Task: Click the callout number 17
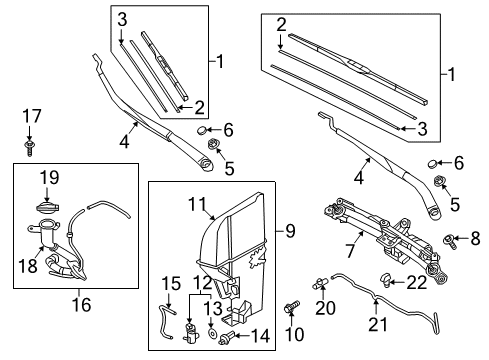click(x=32, y=116)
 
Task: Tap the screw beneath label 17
click(x=29, y=148)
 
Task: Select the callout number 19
click(x=50, y=177)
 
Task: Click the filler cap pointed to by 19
click(x=47, y=207)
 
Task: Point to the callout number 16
click(x=81, y=304)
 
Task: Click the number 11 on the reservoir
click(x=198, y=204)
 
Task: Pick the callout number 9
click(x=290, y=231)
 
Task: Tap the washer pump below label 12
click(x=191, y=333)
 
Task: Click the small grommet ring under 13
click(x=211, y=333)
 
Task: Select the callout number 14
click(x=260, y=336)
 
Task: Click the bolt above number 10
click(x=292, y=307)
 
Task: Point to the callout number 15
click(x=171, y=284)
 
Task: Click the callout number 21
click(x=378, y=324)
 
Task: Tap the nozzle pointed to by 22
click(x=386, y=280)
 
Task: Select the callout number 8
click(x=475, y=238)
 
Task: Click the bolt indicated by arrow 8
click(x=449, y=241)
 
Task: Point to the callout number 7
click(x=349, y=251)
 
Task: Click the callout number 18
click(x=28, y=266)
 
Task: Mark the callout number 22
click(x=417, y=283)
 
